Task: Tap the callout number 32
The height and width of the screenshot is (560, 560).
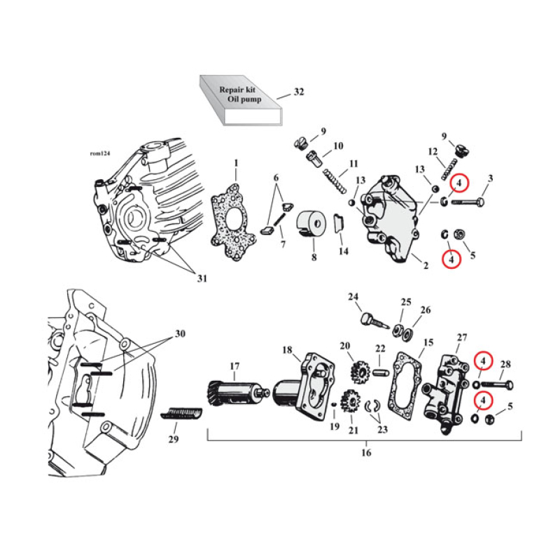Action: pyautogui.click(x=299, y=92)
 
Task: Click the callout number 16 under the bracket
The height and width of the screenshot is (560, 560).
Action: pyautogui.click(x=365, y=452)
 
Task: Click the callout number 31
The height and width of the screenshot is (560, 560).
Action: pyautogui.click(x=202, y=279)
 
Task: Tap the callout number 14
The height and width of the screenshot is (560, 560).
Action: pyautogui.click(x=342, y=251)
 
